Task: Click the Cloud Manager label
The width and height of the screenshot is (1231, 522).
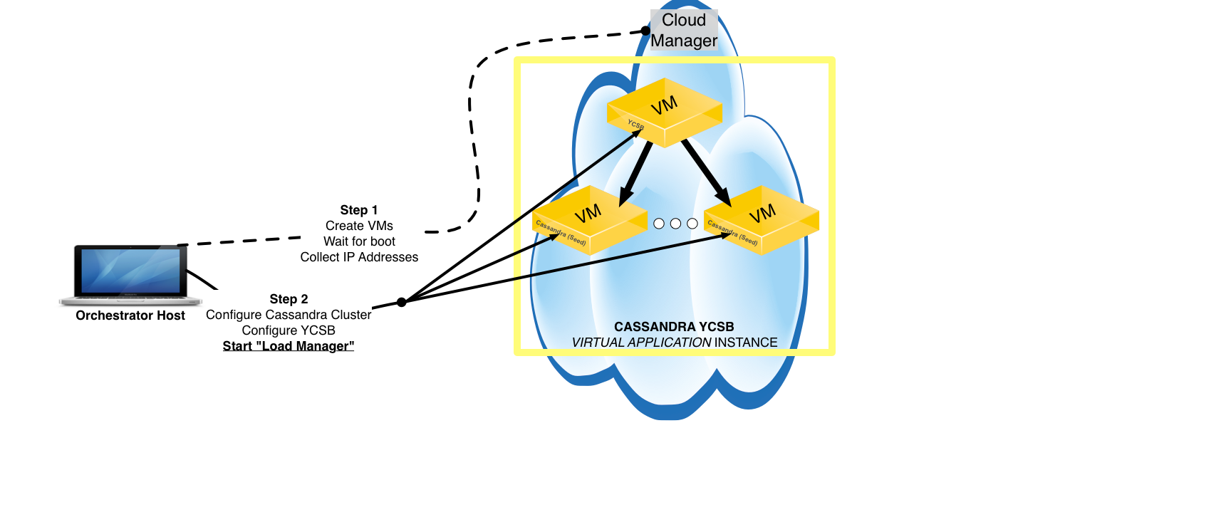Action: click(684, 31)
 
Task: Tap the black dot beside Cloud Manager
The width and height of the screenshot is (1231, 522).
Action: click(645, 31)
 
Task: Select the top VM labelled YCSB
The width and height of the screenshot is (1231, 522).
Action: click(665, 112)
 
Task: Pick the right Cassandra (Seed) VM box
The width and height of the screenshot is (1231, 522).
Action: click(762, 219)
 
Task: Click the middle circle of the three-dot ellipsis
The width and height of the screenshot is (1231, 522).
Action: click(675, 224)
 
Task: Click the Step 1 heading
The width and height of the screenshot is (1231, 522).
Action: click(359, 210)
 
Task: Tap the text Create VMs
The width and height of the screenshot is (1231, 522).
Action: click(359, 226)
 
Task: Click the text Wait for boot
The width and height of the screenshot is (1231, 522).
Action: click(359, 241)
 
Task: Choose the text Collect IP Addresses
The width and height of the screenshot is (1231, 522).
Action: click(359, 257)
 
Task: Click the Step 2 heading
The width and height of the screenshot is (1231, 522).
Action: click(289, 299)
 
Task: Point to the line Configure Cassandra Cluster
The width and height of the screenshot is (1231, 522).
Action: click(289, 315)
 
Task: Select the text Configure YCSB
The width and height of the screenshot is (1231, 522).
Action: click(289, 330)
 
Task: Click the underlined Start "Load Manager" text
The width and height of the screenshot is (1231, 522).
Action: click(289, 346)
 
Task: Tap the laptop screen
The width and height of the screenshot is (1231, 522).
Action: click(130, 271)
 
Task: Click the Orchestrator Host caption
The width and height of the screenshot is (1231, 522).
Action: click(130, 315)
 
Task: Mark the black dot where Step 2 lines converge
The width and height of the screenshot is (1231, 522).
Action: click(402, 302)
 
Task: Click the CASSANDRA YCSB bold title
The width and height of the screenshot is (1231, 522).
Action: click(674, 327)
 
